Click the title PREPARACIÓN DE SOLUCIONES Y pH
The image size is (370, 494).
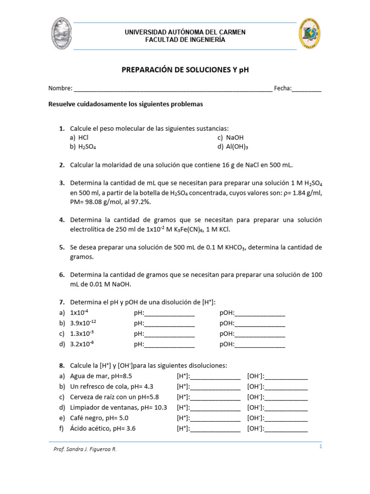pos(185,70)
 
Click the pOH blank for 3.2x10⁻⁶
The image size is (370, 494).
pos(260,345)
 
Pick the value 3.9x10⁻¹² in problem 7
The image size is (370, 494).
pos(87,323)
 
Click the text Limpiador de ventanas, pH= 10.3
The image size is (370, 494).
pos(119,408)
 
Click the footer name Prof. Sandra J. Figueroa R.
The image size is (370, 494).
pos(85,449)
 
